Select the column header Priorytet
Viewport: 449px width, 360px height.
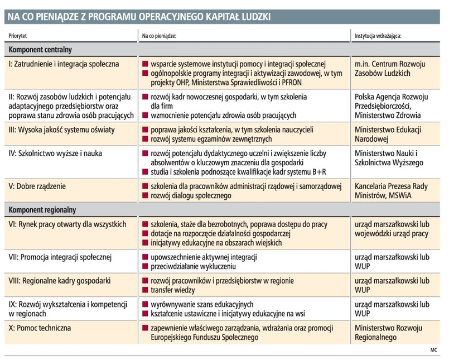(x=18, y=36)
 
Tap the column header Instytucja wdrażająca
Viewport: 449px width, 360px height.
(x=379, y=36)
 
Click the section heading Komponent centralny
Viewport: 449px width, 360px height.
(x=40, y=50)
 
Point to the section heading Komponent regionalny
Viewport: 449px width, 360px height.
(x=42, y=210)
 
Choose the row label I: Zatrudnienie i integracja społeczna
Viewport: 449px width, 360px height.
(x=64, y=64)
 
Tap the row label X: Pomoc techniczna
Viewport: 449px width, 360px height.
(x=40, y=328)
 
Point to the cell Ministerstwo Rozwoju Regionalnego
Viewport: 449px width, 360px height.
(x=389, y=333)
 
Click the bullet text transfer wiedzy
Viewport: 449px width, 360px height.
(x=173, y=290)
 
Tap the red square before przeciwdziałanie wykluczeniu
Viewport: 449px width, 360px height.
(x=145, y=267)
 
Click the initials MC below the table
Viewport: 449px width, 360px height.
(x=434, y=351)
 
